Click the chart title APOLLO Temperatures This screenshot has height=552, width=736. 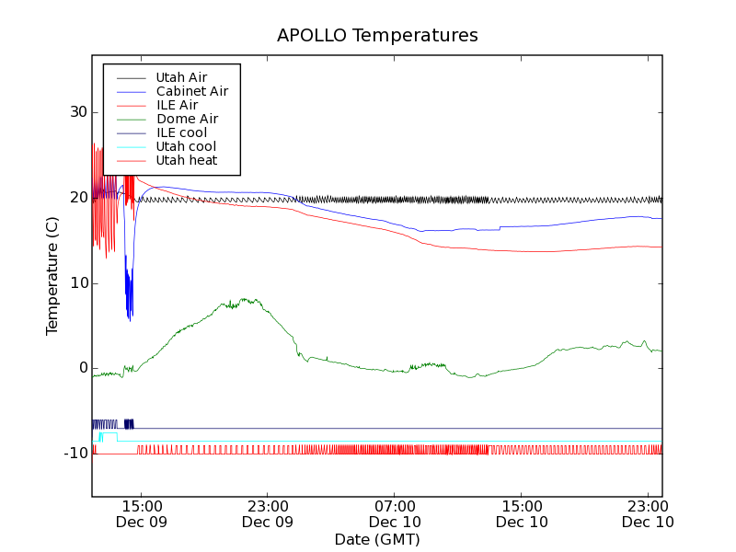[x=377, y=36]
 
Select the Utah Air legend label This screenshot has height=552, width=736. [x=181, y=77]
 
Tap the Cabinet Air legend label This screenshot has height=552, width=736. [x=191, y=91]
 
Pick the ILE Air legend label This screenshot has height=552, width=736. [x=177, y=105]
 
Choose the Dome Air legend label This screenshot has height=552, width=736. [x=187, y=119]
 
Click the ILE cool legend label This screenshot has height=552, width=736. [x=181, y=132]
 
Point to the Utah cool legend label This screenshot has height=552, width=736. [x=186, y=146]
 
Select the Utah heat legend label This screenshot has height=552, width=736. [x=187, y=160]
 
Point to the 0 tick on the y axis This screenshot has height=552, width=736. [x=82, y=368]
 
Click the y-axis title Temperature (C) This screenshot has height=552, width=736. [x=52, y=276]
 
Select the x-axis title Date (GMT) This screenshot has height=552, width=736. [x=377, y=539]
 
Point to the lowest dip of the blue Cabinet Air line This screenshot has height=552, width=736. [x=129, y=319]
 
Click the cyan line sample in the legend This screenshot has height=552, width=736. [x=129, y=146]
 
